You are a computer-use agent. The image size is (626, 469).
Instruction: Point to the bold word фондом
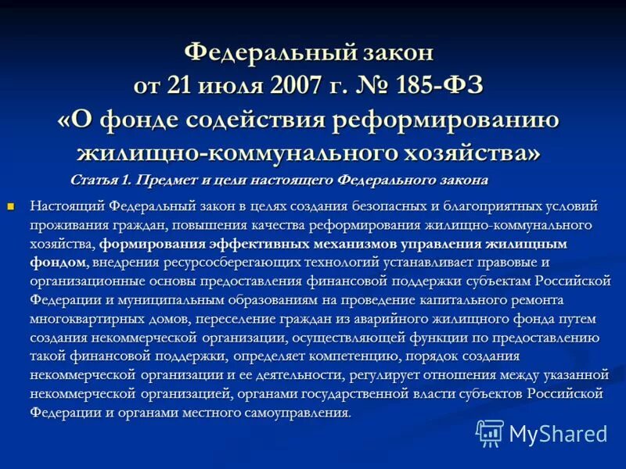57,261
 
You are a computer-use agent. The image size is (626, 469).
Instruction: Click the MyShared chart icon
490,433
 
